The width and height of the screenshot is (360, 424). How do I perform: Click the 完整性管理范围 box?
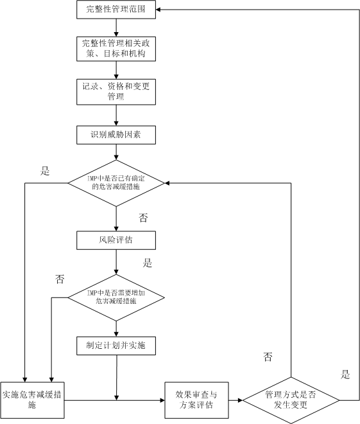pos(116,10)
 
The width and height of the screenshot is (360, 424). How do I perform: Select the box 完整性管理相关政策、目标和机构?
pos(116,49)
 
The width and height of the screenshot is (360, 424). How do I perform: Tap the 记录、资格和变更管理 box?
pos(116,92)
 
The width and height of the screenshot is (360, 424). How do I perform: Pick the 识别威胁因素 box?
pos(116,135)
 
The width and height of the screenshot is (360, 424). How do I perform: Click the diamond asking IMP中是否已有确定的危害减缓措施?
pos(116,183)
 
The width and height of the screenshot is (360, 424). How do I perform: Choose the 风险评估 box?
pos(116,240)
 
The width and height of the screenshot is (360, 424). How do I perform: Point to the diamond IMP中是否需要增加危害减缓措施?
pos(116,297)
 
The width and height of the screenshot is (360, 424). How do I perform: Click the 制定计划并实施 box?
pos(116,346)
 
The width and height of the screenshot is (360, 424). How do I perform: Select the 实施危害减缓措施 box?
pos(32,400)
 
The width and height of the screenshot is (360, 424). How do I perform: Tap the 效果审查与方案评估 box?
pos(196,400)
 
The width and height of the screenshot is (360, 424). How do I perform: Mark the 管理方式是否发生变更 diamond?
pos(291,400)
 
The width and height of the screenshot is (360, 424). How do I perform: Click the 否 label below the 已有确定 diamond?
pos(143,218)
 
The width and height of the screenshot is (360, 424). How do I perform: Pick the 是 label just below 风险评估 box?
pos(148,263)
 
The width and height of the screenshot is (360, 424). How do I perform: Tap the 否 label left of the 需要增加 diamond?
pos(60,279)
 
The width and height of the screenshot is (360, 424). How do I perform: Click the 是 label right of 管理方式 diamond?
pos(345,375)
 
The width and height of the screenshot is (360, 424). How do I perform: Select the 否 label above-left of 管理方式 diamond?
pos(268,357)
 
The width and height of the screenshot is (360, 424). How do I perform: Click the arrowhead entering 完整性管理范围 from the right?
pos(159,10)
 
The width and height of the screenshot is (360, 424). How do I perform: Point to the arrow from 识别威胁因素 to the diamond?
pos(116,152)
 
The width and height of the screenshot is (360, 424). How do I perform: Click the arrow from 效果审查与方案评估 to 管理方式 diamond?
pos(236,400)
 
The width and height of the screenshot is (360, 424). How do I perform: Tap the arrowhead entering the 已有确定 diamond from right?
pos(167,183)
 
